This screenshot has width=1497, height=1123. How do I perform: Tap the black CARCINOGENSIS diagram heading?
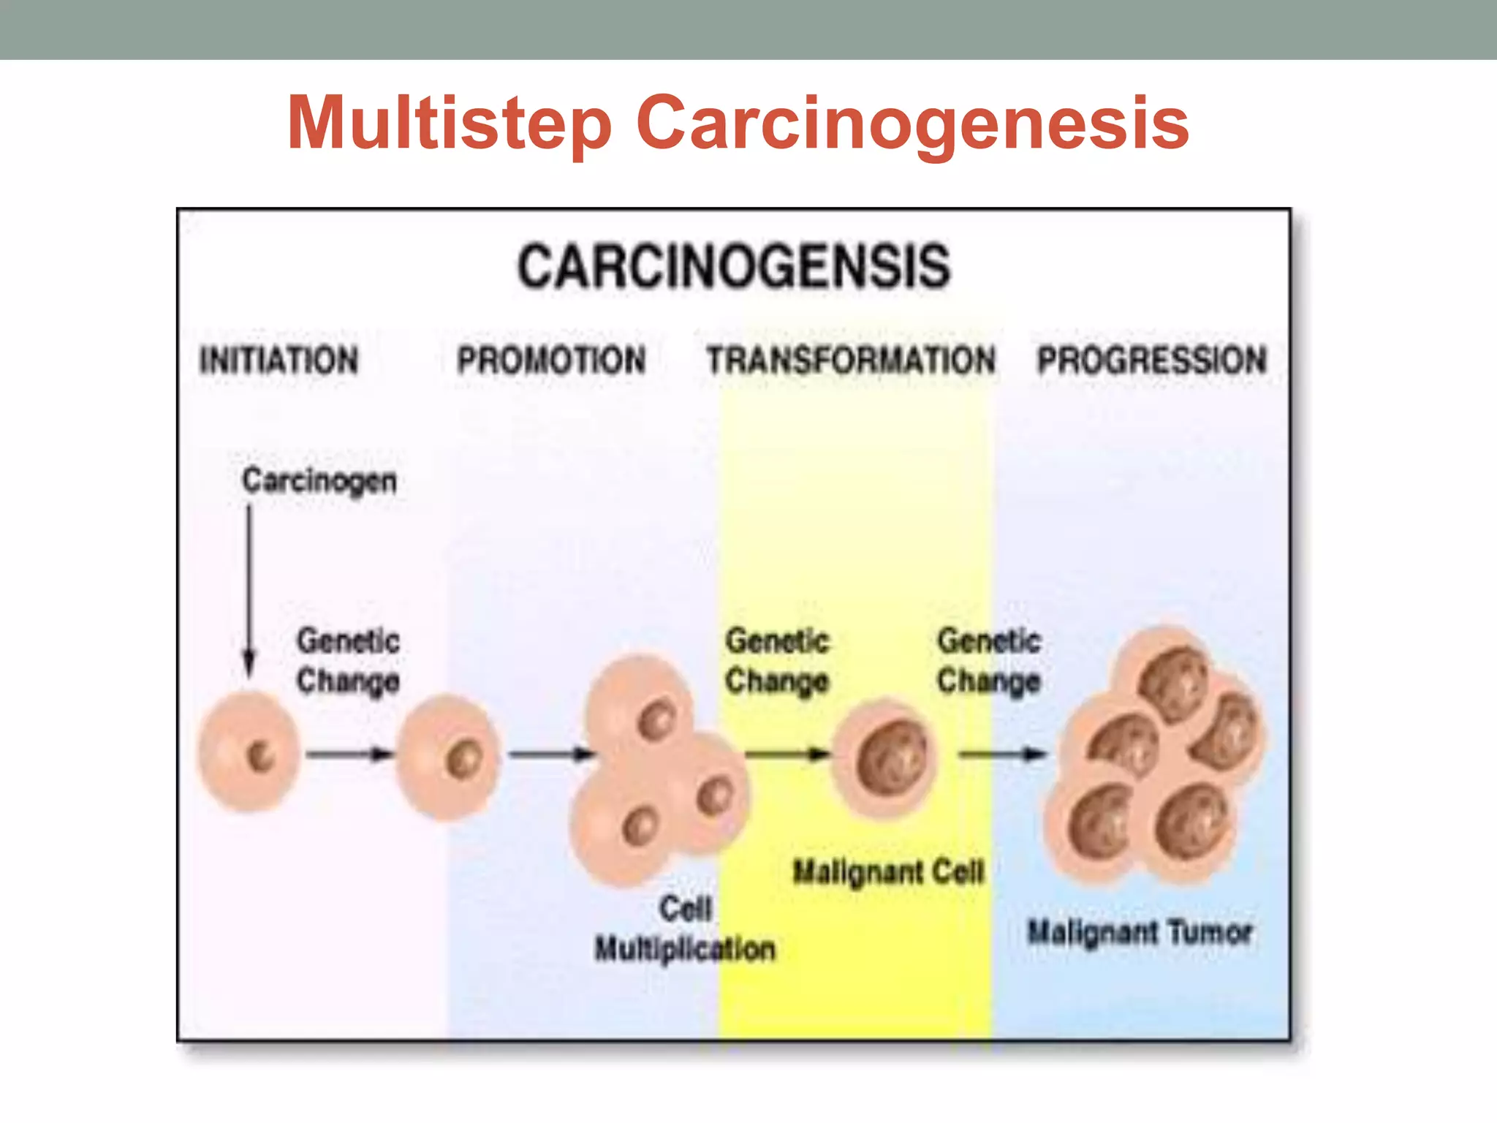click(x=734, y=266)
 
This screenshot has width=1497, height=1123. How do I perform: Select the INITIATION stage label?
click(x=279, y=360)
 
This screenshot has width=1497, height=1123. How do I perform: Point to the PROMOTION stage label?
click(x=552, y=360)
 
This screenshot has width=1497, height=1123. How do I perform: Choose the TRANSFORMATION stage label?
click(x=851, y=360)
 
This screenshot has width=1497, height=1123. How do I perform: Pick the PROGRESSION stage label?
click(x=1152, y=360)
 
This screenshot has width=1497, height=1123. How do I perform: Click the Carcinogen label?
click(x=319, y=481)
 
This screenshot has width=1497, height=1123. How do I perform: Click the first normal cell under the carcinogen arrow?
click(x=249, y=753)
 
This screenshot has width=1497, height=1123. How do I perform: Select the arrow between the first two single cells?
click(x=349, y=754)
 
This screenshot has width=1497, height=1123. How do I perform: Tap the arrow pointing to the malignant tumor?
click(x=1002, y=754)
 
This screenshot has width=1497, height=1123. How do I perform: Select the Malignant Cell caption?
click(x=889, y=871)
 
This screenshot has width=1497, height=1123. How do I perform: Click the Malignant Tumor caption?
click(x=1140, y=932)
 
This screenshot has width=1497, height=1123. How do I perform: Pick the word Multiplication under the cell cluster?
click(x=685, y=949)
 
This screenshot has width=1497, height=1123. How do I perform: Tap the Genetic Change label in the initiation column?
click(x=348, y=661)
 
